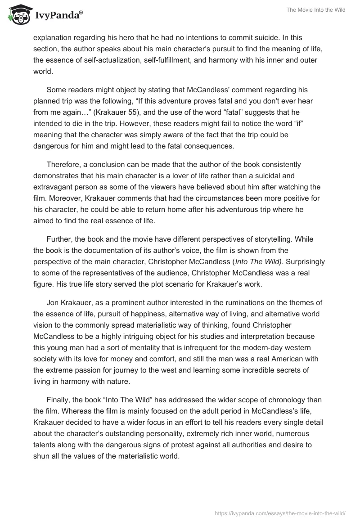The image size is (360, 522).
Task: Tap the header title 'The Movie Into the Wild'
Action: [315, 10]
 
